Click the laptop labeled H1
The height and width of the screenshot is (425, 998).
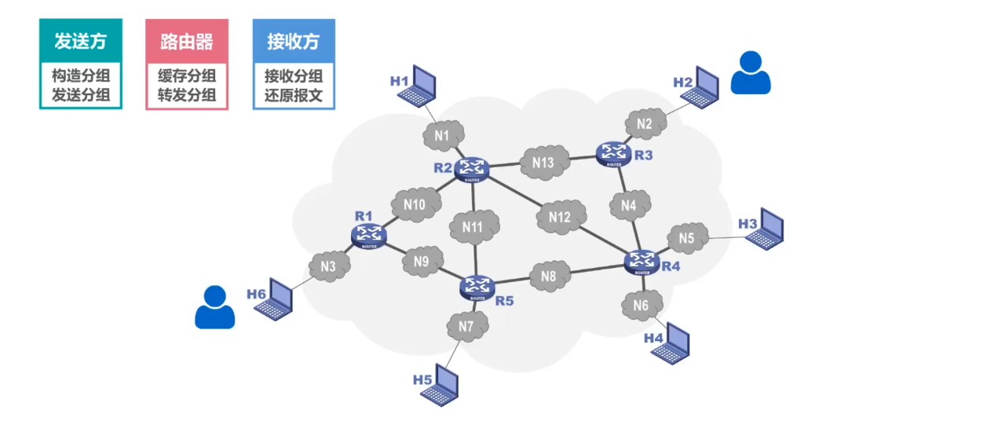click(418, 87)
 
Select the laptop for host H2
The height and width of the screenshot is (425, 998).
click(700, 87)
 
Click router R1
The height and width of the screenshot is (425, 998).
click(367, 234)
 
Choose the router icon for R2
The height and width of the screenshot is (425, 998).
click(472, 168)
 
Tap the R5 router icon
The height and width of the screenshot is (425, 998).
click(476, 288)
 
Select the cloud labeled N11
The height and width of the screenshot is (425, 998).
click(473, 227)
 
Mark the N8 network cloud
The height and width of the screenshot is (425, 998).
click(549, 276)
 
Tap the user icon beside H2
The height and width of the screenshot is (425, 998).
click(751, 73)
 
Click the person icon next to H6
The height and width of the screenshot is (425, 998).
click(214, 307)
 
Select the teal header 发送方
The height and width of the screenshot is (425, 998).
click(81, 42)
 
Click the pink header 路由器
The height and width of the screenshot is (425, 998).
click(187, 42)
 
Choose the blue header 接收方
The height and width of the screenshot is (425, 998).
click(294, 42)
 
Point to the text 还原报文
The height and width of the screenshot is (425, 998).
click(294, 97)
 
